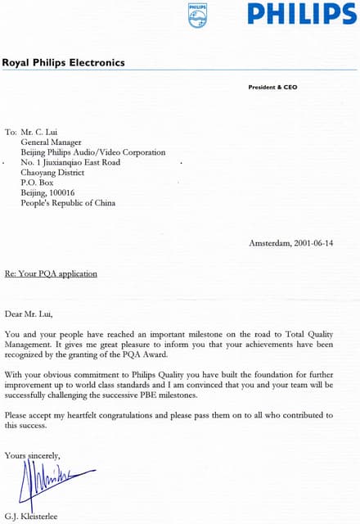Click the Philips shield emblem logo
click(198, 15)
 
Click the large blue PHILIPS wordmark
click(302, 15)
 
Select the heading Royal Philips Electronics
click(63, 62)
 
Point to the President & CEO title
click(274, 87)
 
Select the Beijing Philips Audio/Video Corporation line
click(93, 152)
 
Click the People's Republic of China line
click(68, 203)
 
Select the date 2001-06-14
click(313, 243)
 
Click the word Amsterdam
click(268, 243)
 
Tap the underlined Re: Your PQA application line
click(51, 273)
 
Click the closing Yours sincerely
click(32, 454)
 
